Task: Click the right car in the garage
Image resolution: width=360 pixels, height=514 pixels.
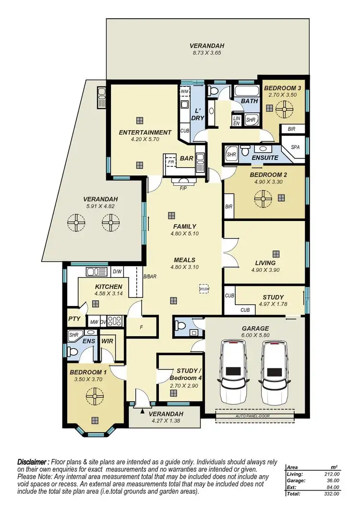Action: coord(274,372)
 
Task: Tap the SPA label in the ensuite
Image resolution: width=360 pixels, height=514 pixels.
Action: coord(296,147)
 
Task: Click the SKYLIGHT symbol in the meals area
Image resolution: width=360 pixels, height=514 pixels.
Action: coord(204,288)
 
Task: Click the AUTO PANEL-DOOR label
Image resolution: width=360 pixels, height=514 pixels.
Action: coord(254,416)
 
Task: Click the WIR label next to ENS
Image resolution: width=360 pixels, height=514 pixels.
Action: coord(107,341)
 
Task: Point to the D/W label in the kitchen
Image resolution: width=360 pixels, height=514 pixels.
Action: coord(117,272)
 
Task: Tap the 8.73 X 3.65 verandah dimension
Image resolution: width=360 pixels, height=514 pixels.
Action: coord(206,54)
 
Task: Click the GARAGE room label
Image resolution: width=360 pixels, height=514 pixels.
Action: coord(255,329)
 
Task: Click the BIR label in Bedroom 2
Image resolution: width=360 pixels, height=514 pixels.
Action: coord(228,207)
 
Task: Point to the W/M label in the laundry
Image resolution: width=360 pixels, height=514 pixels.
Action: coord(185,91)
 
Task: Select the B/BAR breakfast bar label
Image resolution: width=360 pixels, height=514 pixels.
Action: coord(150,276)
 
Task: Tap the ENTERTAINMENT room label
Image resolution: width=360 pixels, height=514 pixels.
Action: coord(145,132)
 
